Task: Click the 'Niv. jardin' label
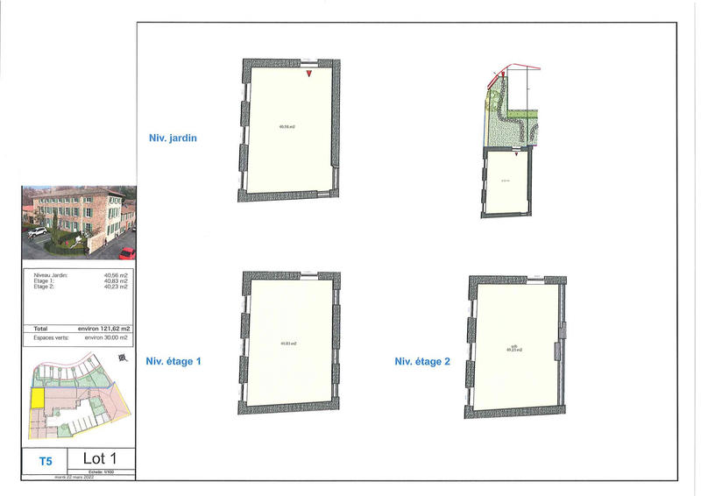point(173,137)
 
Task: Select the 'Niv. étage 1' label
point(173,360)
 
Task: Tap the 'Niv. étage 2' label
point(422,360)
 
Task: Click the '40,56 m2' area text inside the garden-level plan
point(287,128)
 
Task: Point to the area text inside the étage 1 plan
point(288,343)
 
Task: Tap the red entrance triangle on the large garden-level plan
point(309,74)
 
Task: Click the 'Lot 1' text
point(99,457)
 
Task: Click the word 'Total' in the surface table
point(40,328)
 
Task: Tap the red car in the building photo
point(127,253)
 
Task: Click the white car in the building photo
point(37,232)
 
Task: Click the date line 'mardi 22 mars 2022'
point(78,478)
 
